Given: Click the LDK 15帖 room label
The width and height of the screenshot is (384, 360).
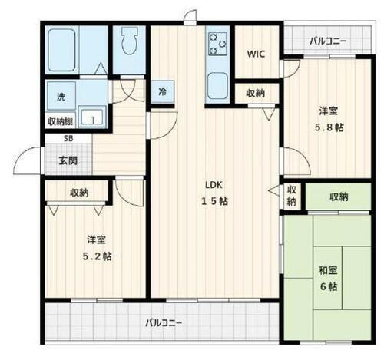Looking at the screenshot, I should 214,193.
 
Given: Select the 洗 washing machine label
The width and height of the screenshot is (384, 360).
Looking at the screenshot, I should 60,97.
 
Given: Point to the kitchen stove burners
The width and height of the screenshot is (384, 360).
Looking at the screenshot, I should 216,45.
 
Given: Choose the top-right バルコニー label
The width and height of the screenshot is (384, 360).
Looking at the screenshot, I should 328,40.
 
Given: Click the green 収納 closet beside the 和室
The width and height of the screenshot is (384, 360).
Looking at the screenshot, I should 339,197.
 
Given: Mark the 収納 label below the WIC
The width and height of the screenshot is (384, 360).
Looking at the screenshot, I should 256,92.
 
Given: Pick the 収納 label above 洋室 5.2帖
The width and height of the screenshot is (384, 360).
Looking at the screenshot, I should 78,193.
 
